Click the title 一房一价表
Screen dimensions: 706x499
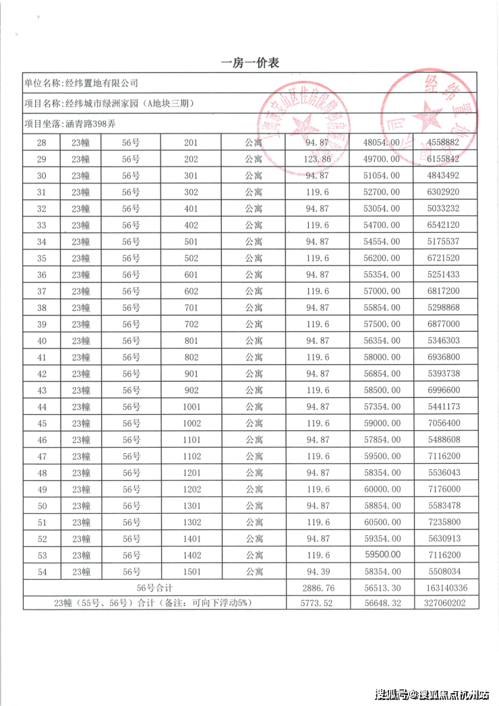[250, 63]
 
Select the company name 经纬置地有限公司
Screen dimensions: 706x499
[100, 84]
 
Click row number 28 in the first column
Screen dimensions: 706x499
[42, 143]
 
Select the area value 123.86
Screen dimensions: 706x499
[318, 159]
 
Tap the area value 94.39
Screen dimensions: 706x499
[318, 572]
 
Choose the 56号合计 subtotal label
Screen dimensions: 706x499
[154, 588]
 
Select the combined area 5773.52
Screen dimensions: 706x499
[318, 604]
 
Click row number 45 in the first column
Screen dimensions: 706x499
[42, 423]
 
